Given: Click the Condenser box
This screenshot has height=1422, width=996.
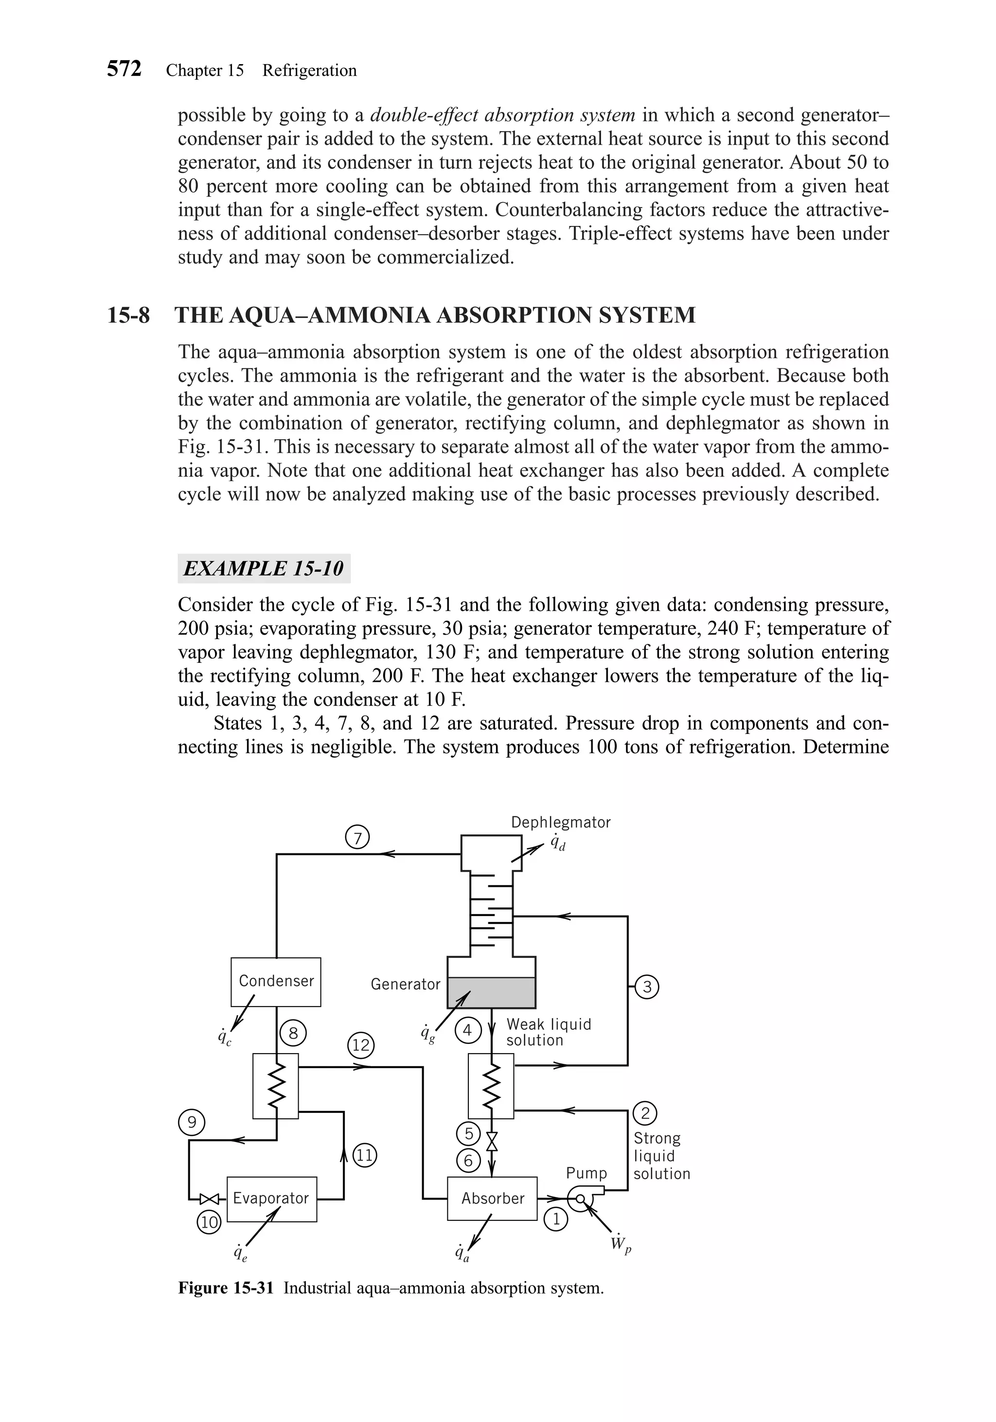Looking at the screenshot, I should [x=276, y=982].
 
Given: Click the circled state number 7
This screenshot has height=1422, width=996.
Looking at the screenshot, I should [x=357, y=837].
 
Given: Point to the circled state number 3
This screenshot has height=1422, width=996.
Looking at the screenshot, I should [x=647, y=987].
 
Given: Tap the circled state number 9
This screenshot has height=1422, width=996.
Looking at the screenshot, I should [x=192, y=1122].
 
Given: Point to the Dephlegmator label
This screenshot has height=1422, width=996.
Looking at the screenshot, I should [x=560, y=822].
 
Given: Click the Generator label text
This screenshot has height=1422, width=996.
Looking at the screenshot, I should [x=405, y=984].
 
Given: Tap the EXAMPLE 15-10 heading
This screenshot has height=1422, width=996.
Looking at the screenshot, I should [x=264, y=569].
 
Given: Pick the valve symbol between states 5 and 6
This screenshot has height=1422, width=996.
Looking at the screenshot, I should [x=492, y=1141].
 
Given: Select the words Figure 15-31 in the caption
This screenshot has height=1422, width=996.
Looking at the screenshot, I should [x=226, y=1288].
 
